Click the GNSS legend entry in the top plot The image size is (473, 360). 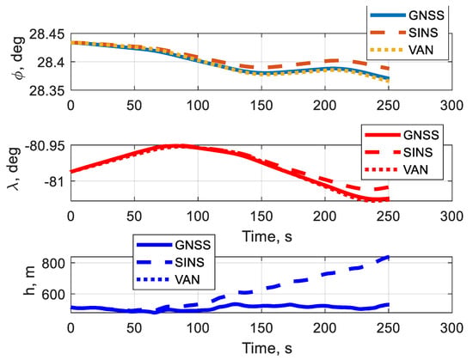pyautogui.click(x=408, y=15)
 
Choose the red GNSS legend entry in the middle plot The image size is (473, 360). pyautogui.click(x=402, y=135)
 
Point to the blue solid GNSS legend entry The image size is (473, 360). pyautogui.click(x=174, y=245)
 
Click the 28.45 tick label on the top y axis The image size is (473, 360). pyautogui.click(x=47, y=34)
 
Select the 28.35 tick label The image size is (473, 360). pyautogui.click(x=47, y=91)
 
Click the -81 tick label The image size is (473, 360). pyautogui.click(x=53, y=181)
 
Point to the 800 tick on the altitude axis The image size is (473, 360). pyautogui.click(x=53, y=264)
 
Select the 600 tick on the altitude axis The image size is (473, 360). pyautogui.click(x=53, y=294)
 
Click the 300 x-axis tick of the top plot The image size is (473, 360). pyautogui.click(x=451, y=106)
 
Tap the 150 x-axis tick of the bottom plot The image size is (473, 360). pyautogui.click(x=261, y=328)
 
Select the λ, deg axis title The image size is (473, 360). pyautogui.click(x=14, y=169)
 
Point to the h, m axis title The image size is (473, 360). pyautogui.click(x=29, y=280)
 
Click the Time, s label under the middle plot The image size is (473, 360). pyautogui.click(x=267, y=237)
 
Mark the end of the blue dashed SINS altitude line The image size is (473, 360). pyautogui.click(x=389, y=257)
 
